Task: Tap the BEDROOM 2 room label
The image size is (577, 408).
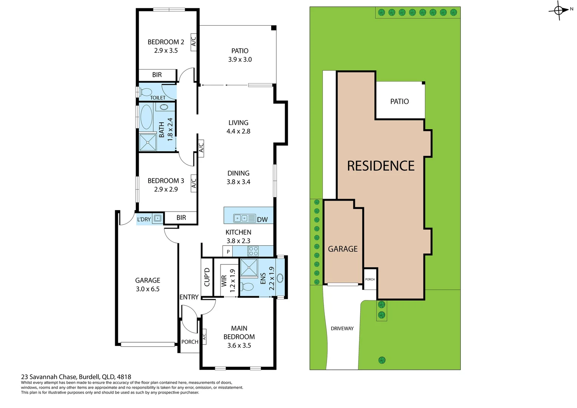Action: pyautogui.click(x=166, y=42)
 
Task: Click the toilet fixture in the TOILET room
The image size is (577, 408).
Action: pyautogui.click(x=146, y=92)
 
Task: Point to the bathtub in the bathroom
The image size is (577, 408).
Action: pyautogui.click(x=146, y=117)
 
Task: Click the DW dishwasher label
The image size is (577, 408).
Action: pyautogui.click(x=262, y=219)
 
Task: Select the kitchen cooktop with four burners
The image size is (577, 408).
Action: pyautogui.click(x=253, y=251)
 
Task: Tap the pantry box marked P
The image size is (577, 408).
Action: pyautogui.click(x=228, y=251)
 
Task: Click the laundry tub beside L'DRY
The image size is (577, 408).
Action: pyautogui.click(x=157, y=218)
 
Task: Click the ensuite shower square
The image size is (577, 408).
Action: pyautogui.click(x=249, y=267)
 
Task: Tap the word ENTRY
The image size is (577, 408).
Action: pyautogui.click(x=189, y=297)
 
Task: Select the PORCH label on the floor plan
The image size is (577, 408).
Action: pyautogui.click(x=190, y=342)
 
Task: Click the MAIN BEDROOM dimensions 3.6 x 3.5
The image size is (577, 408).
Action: pyautogui.click(x=239, y=345)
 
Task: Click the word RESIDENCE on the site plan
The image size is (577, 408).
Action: pyautogui.click(x=381, y=166)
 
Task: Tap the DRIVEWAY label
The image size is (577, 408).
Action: pyautogui.click(x=342, y=329)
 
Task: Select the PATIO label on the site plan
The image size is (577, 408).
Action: pyautogui.click(x=400, y=102)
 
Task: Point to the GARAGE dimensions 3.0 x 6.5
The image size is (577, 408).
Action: pyautogui.click(x=148, y=289)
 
